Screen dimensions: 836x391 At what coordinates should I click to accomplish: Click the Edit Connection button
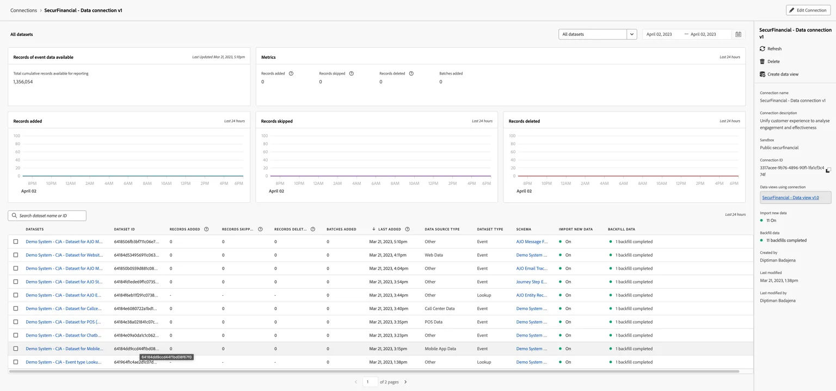[x=808, y=10]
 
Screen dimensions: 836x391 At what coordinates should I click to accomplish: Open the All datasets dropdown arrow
[x=631, y=34]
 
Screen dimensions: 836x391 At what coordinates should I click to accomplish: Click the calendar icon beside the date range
[x=738, y=34]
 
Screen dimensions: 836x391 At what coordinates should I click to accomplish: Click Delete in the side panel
[x=770, y=61]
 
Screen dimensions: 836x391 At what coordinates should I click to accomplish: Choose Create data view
[x=779, y=74]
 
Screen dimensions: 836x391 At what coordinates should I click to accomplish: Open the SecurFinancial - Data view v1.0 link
[x=790, y=197]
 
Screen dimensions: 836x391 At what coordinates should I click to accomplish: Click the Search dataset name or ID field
[x=47, y=215]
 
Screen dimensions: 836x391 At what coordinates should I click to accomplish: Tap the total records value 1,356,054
[x=23, y=82]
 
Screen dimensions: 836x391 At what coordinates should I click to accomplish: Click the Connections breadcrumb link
[x=23, y=10]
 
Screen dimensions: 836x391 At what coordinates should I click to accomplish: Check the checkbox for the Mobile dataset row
[x=16, y=349]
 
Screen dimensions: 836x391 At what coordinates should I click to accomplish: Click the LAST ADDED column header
[x=389, y=229]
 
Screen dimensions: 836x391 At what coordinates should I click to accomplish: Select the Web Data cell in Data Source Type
[x=434, y=255]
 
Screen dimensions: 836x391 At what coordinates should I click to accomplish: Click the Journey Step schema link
[x=531, y=282]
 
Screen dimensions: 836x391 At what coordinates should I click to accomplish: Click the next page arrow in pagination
[x=405, y=382]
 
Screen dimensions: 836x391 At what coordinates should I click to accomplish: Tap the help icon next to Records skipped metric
[x=351, y=73]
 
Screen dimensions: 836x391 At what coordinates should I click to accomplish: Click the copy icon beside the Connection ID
[x=828, y=170]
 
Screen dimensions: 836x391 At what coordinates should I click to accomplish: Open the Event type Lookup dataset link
[x=64, y=362]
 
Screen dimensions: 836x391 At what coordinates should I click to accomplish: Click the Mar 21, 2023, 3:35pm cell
[x=389, y=322]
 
